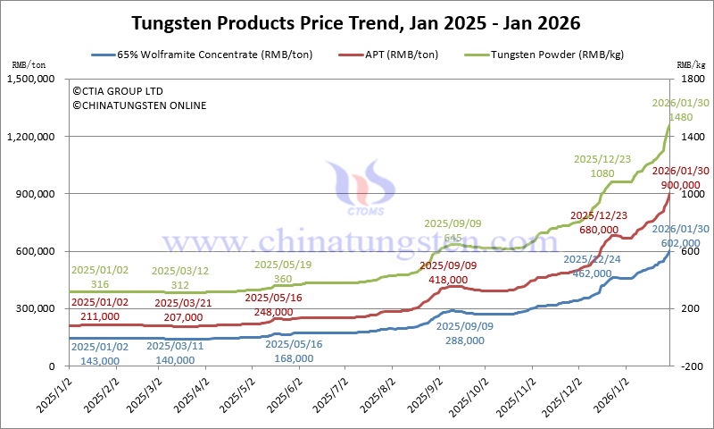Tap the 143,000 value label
tap(99, 360)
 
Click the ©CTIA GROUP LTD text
tap(119, 91)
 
